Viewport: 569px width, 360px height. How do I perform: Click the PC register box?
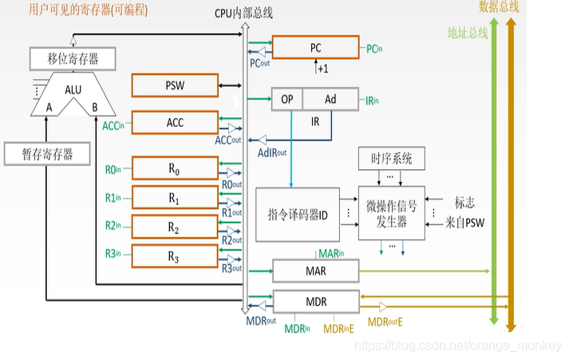[x=315, y=48]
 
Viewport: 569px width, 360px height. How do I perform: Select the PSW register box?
[x=174, y=85]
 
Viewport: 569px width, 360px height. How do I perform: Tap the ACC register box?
[x=174, y=122]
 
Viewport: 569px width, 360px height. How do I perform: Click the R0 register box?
[x=174, y=168]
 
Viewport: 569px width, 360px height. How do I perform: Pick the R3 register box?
[x=174, y=256]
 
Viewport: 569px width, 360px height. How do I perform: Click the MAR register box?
[x=315, y=271]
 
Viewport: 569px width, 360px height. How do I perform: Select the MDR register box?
[x=315, y=301]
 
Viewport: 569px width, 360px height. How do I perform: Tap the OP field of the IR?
[x=286, y=99]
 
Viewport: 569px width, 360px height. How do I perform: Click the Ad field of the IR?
[x=330, y=99]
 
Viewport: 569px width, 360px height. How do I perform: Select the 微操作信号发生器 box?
[x=391, y=215]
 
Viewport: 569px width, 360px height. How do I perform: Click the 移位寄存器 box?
[x=73, y=58]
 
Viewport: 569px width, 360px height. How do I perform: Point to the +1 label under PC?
[x=323, y=69]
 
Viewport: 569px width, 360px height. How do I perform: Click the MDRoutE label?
[x=385, y=322]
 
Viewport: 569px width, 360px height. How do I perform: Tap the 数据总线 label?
[x=499, y=7]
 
